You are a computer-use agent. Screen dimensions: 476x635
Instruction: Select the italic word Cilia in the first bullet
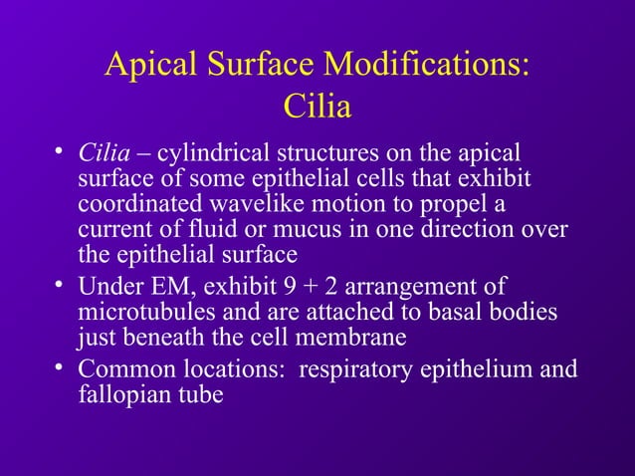tap(100, 154)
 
